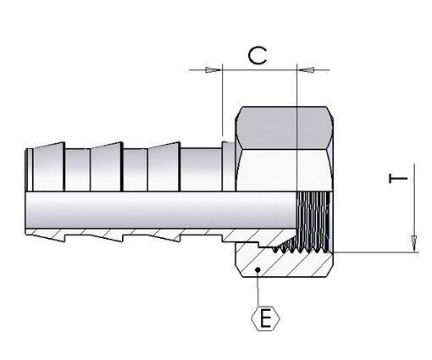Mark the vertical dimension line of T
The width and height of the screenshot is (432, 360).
pyautogui.click(x=414, y=203)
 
